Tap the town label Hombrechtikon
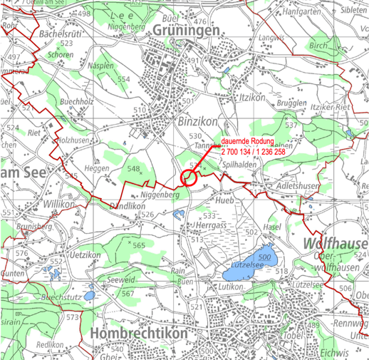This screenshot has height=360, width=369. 140,334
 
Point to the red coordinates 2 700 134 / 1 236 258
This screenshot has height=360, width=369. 252,152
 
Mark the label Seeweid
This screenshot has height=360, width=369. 120,280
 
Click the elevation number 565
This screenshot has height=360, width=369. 138,245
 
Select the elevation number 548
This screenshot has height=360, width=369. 133,168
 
